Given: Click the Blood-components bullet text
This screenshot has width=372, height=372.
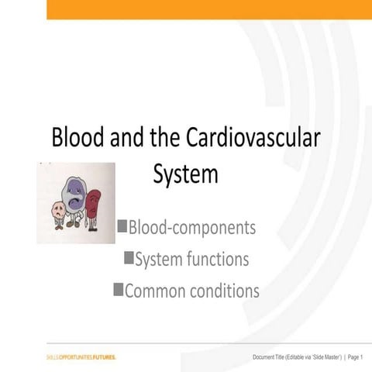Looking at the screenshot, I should coord(191,228).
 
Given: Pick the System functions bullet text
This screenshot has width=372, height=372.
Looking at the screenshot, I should coord(191,260).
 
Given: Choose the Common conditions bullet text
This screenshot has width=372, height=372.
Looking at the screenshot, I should coord(191,291).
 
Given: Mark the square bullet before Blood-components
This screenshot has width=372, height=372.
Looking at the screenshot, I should coord(122,226).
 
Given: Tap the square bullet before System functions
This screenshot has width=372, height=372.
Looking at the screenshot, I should coord(129,257).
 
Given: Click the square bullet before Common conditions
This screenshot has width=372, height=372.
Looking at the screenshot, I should coord(118,289).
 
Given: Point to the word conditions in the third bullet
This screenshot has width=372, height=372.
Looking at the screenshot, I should coord(221,291).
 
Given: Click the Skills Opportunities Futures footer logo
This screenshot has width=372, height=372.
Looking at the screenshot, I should coord(81,356).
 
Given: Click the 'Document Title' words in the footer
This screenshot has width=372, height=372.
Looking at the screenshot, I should coord(272,356).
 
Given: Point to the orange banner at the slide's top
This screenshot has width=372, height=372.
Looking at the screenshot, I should coord(209,9).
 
